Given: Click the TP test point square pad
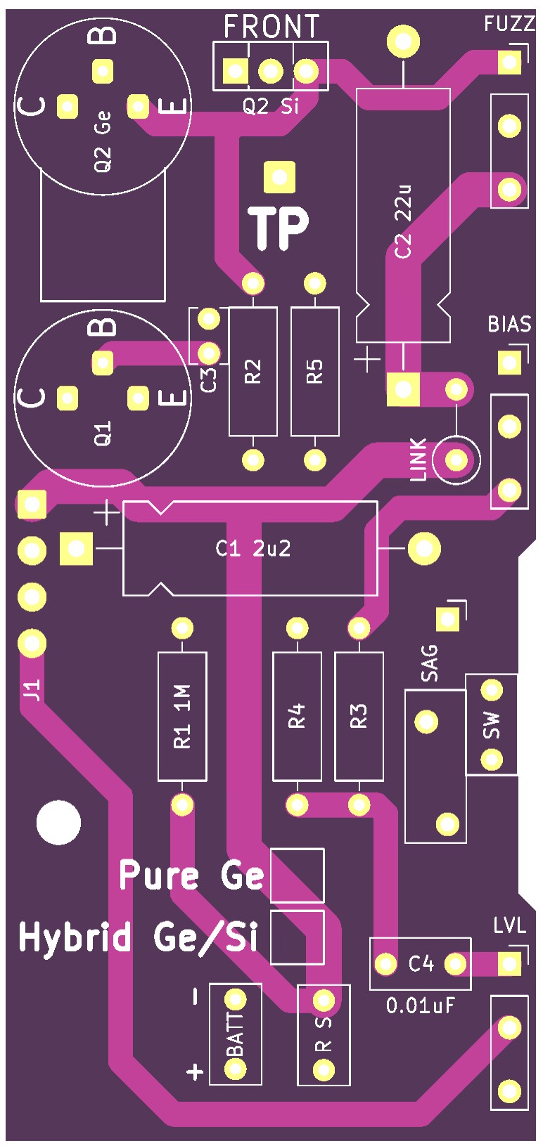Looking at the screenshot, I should [279, 177].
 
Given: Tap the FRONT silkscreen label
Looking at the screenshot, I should [271, 27].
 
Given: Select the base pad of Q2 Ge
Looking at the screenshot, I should [103, 71].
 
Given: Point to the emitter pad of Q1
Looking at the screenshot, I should [138, 398].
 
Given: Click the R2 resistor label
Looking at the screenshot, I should [253, 371].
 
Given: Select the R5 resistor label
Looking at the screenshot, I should [314, 371].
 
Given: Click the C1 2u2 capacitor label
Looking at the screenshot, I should [253, 549].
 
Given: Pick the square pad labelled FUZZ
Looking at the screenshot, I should [509, 62].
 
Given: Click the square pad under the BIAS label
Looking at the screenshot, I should [509, 363].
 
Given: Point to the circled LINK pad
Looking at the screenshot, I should [456, 460].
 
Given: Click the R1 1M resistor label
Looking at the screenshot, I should [182, 716].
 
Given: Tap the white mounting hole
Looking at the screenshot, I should [59, 823].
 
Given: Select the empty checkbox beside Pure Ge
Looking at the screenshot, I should [297, 875].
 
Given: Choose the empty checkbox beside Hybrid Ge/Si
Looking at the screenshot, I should [297, 937].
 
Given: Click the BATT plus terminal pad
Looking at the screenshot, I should [235, 1069].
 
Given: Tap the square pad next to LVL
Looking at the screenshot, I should [509, 963].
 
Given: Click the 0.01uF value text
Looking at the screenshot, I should [421, 1006].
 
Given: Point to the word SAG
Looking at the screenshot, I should [429, 663].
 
